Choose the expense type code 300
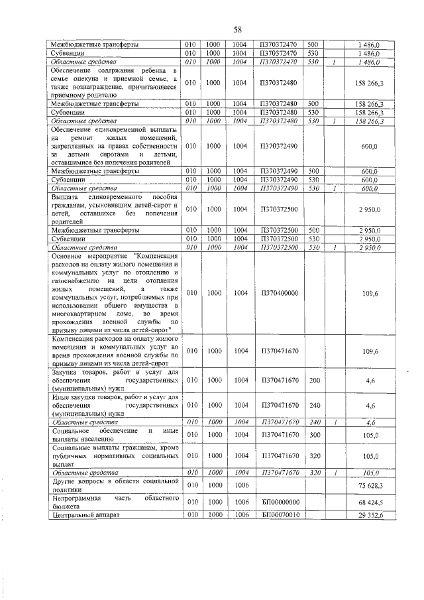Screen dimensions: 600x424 click(x=314, y=435)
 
